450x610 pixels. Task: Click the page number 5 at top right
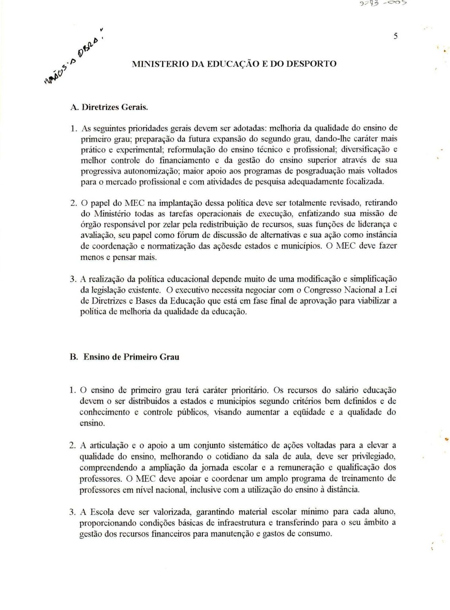click(x=396, y=36)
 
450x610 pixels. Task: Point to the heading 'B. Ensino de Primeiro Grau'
click(x=124, y=357)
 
